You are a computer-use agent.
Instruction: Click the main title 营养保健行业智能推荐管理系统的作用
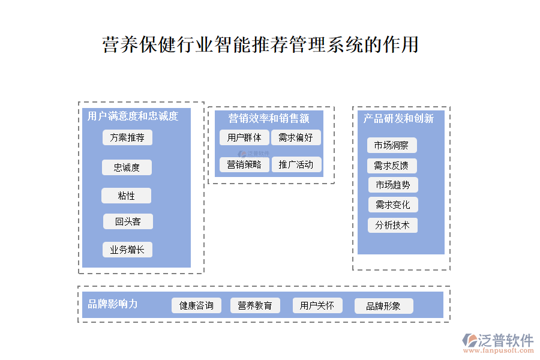coord(260,45)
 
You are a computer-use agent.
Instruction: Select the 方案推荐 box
coord(127,137)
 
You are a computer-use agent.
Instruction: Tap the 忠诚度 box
coord(127,167)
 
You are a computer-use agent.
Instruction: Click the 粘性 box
coord(126,196)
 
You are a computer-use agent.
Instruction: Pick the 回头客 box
coord(128,221)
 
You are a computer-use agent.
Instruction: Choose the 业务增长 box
coord(127,250)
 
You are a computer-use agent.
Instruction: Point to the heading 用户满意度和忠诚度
coord(133,116)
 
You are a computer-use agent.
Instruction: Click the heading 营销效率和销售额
coord(269,118)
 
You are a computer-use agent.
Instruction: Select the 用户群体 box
coord(244,137)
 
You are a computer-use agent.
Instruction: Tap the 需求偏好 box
coord(296,137)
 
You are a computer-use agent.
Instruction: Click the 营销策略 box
coord(244,164)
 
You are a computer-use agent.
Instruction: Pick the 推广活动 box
coord(296,164)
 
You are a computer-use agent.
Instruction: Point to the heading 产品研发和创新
coord(398,119)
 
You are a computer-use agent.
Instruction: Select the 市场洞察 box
coord(392,145)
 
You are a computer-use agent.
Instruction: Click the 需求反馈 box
coord(392,166)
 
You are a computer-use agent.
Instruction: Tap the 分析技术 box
coord(392,225)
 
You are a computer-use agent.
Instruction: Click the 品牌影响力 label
coord(113,304)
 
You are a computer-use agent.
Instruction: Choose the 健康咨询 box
coord(196,305)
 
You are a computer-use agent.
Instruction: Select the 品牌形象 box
coord(383,306)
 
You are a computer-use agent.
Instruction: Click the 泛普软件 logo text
coord(505,340)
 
